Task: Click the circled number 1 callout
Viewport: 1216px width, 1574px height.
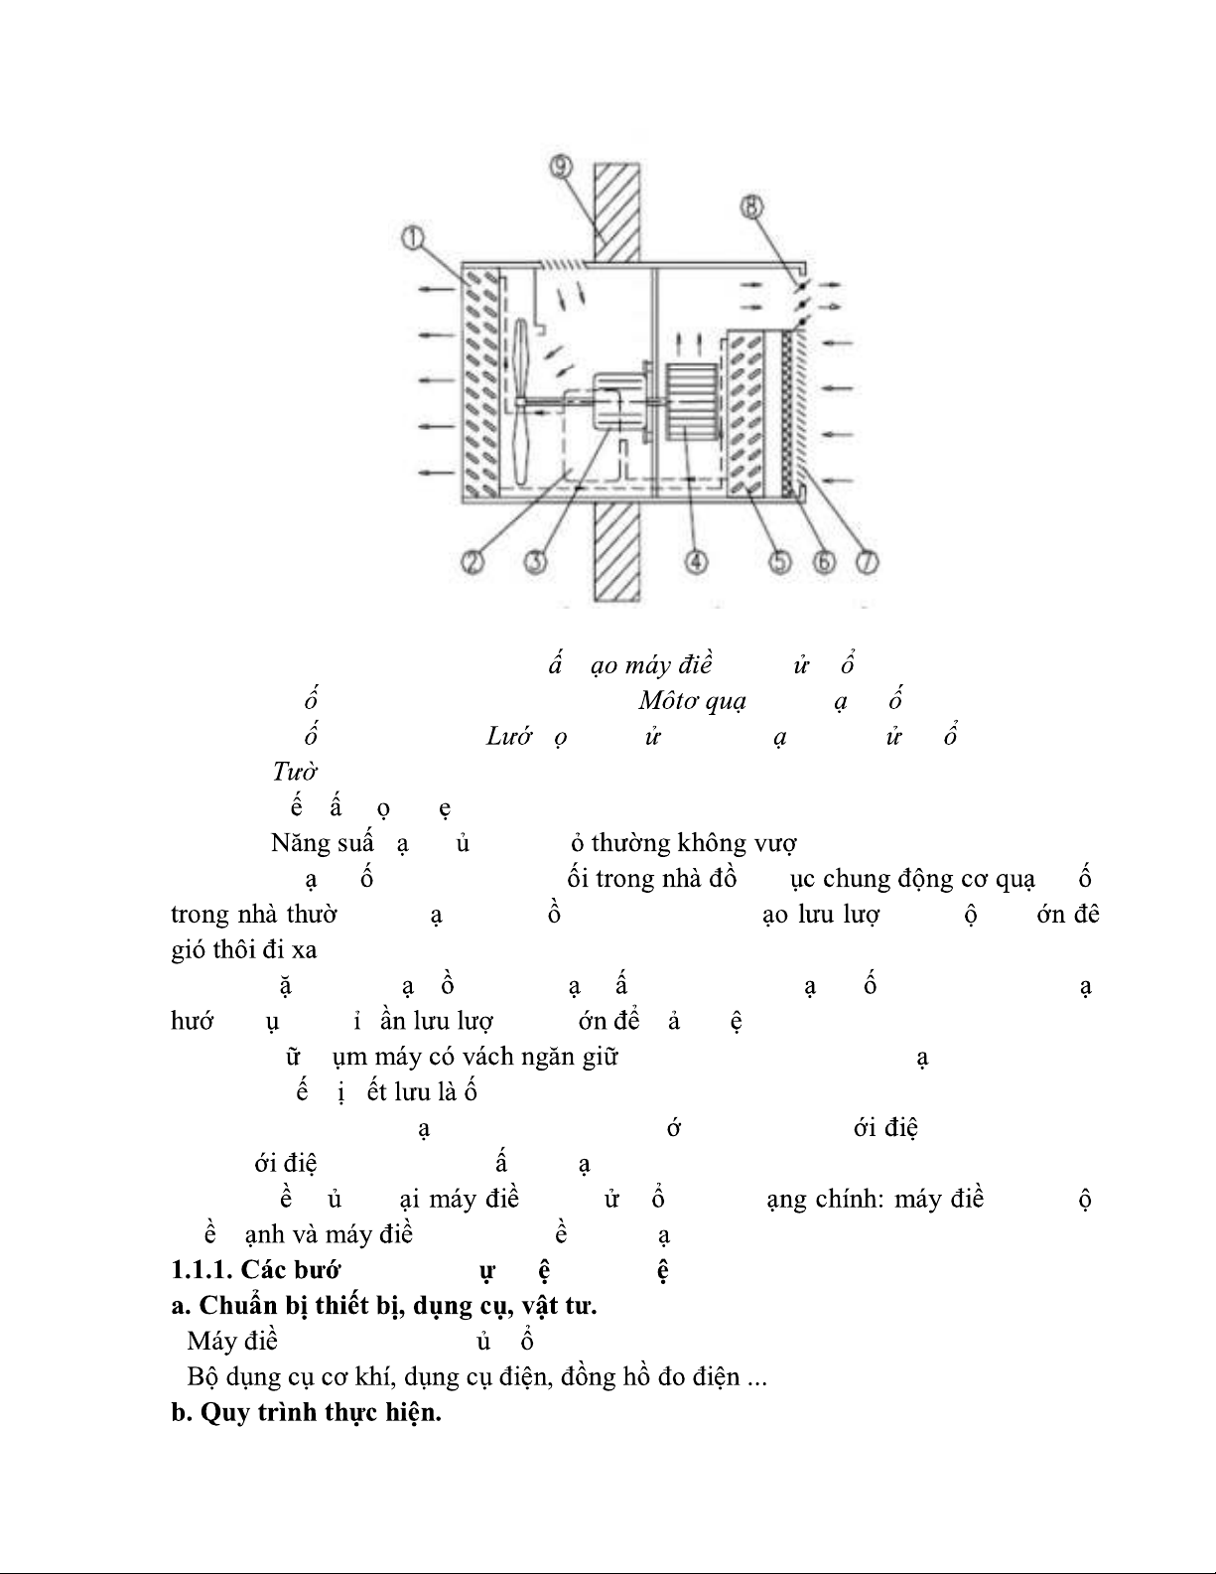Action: point(413,238)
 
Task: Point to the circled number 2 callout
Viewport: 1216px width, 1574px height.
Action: point(472,562)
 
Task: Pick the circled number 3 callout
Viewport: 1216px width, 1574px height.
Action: point(536,562)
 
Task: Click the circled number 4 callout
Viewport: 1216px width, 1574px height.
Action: point(695,562)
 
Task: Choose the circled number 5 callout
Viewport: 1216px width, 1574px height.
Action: point(779,562)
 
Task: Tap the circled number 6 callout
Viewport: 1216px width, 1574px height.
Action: point(823,562)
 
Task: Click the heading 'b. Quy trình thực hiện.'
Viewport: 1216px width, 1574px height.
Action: point(306,1413)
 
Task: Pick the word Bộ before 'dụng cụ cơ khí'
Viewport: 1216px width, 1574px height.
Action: point(202,1377)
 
